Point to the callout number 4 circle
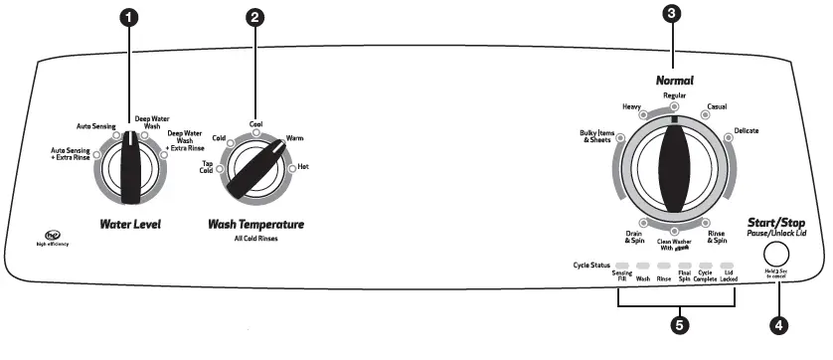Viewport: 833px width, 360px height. [x=778, y=322]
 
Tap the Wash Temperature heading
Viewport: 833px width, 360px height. [x=255, y=224]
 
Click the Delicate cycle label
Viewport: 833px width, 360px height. [x=747, y=131]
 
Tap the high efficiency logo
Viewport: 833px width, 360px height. [x=50, y=238]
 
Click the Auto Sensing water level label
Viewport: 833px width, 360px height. [x=96, y=127]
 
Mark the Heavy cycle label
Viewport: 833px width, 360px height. [x=631, y=105]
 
